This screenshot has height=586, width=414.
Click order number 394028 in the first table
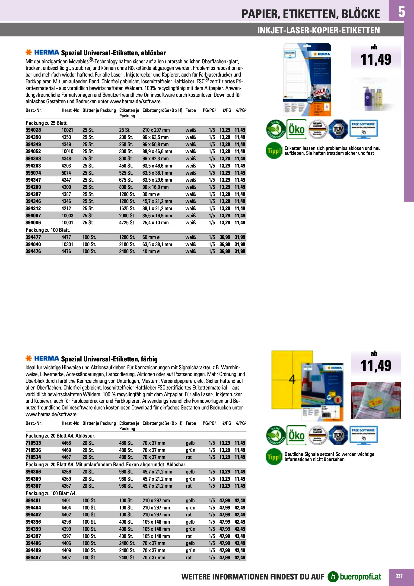pyautogui.click(x=33, y=130)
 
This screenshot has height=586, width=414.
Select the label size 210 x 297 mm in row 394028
pyautogui.click(x=156, y=130)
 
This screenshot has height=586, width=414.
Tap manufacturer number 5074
pyautogui.click(x=66, y=173)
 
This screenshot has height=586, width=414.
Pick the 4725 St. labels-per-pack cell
pyautogui.click(x=127, y=222)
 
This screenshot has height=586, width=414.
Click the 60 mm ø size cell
pyautogui.click(x=151, y=237)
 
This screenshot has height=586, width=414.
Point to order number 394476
pyautogui.click(x=33, y=251)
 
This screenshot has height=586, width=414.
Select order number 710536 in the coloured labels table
pyautogui.click(x=33, y=450)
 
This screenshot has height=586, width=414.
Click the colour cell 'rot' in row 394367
pyautogui.click(x=188, y=486)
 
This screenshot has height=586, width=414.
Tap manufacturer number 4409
pyautogui.click(x=66, y=550)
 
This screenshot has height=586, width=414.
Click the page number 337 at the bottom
pyautogui.click(x=399, y=576)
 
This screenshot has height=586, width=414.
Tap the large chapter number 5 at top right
pyautogui.click(x=401, y=12)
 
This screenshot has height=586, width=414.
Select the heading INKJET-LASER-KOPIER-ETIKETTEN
pyautogui.click(x=318, y=30)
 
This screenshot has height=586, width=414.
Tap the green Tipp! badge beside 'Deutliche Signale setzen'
pyautogui.click(x=274, y=457)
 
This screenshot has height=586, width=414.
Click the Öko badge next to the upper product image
pyautogui.click(x=296, y=129)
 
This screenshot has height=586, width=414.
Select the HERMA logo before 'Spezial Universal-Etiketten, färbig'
pyautogui.click(x=42, y=359)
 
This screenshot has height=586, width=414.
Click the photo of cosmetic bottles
pyautogui.click(x=376, y=94)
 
